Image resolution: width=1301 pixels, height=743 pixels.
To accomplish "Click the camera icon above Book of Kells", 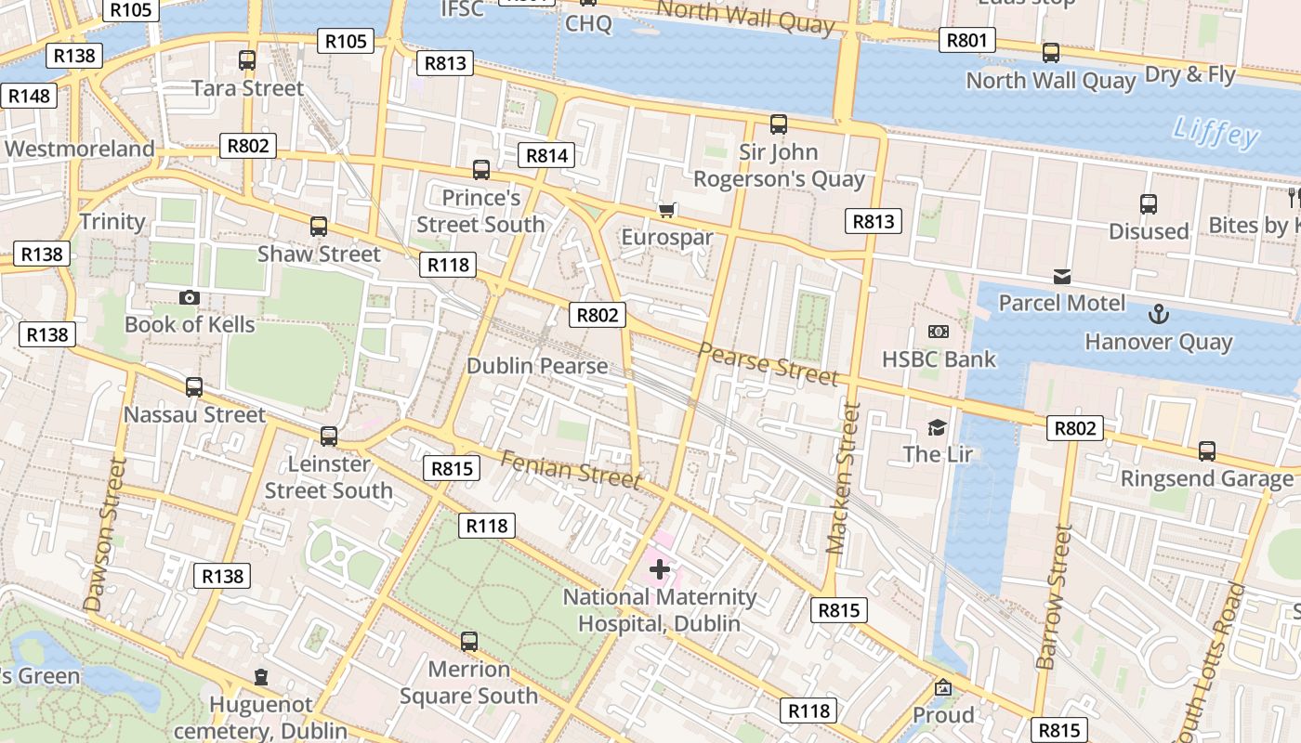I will (x=190, y=297).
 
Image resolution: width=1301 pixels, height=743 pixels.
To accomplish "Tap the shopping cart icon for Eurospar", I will (x=666, y=210).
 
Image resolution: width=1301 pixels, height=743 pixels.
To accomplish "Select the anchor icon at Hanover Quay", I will (x=1158, y=314).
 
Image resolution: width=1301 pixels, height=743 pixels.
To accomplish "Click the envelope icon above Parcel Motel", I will (x=1061, y=277).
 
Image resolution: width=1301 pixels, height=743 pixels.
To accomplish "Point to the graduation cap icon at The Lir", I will (x=937, y=427).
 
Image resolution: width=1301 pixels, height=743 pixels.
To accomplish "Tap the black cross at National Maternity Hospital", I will (x=660, y=569).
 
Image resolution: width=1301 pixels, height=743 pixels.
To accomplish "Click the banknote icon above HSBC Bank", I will (x=939, y=332).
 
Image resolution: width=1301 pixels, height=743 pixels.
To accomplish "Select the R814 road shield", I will (x=546, y=155).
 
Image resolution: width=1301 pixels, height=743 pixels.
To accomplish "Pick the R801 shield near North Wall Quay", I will (x=966, y=40).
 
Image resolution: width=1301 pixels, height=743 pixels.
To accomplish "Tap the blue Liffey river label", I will (x=1215, y=132).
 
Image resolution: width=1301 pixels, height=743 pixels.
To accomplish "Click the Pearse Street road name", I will (x=768, y=363).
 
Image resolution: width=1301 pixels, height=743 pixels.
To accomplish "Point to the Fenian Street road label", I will (x=571, y=468).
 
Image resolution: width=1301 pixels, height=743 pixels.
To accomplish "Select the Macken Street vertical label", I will (x=842, y=477).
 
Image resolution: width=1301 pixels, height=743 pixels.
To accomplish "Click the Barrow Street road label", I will (x=1055, y=596).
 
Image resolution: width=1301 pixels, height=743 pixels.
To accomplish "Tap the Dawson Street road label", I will (x=104, y=535).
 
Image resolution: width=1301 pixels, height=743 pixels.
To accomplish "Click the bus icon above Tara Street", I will (x=247, y=60).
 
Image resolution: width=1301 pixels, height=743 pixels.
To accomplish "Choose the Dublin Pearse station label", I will (x=537, y=366).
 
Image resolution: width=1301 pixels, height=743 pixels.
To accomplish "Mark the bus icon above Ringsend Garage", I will (x=1206, y=451).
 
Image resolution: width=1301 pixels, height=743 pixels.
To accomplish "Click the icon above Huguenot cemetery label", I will (x=261, y=677).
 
